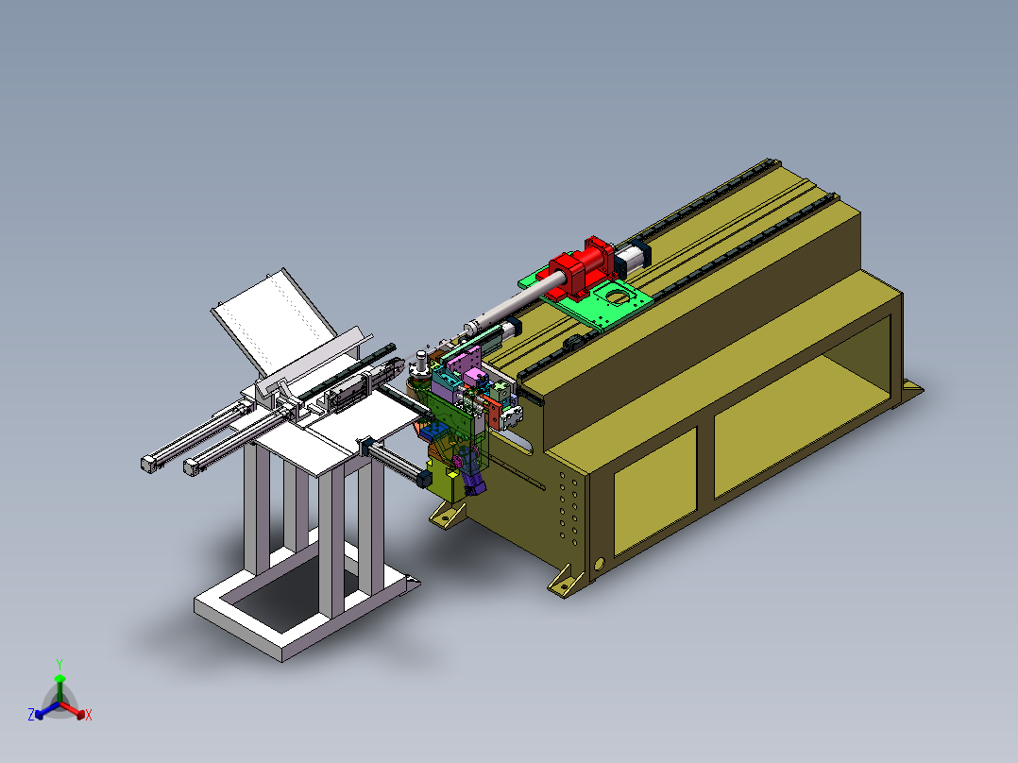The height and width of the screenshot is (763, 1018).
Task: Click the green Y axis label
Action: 59,664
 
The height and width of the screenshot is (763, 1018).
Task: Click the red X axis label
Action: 89,715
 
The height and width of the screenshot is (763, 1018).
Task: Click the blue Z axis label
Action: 31,714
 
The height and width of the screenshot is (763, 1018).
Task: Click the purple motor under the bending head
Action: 472,474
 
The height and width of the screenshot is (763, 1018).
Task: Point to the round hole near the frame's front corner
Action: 599,564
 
